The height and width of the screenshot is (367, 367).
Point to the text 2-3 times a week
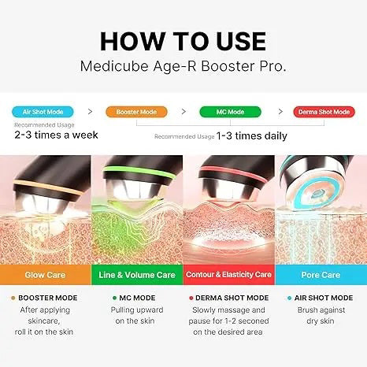pyautogui.click(x=55, y=135)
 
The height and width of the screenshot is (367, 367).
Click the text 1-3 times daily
pyautogui.click(x=251, y=136)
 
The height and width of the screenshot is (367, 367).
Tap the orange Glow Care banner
pyautogui.click(x=46, y=275)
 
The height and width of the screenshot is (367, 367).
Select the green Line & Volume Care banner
pyautogui.click(x=137, y=275)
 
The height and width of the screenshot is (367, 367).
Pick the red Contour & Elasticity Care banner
pyautogui.click(x=228, y=275)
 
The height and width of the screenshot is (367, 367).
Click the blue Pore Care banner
pyautogui.click(x=321, y=275)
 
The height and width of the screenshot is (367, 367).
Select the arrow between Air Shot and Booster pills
pyautogui.click(x=90, y=113)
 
